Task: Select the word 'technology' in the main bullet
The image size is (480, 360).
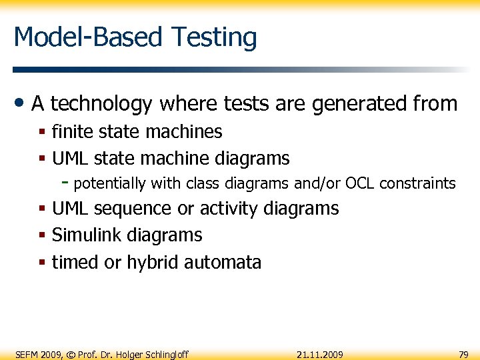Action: [x=101, y=104]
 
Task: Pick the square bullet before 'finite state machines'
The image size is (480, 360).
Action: [x=42, y=133]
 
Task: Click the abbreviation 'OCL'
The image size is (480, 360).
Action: [x=359, y=183]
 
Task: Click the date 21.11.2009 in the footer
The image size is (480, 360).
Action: [x=319, y=354]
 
